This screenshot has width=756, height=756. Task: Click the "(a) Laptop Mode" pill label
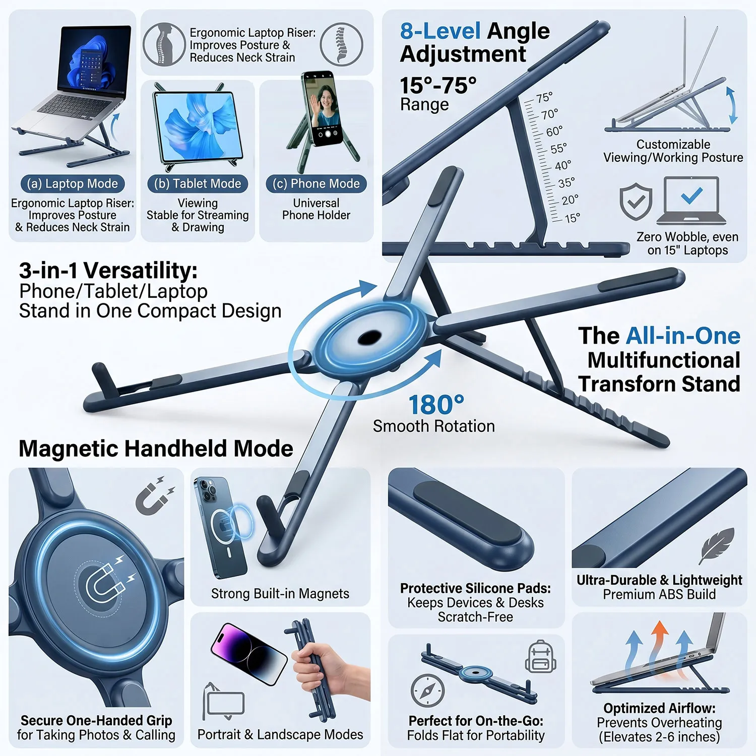pos(73,183)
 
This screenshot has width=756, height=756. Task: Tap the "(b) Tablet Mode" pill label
pos(198,183)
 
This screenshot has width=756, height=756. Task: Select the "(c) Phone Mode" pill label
pos(316,183)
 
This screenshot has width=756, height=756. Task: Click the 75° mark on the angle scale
pos(544,98)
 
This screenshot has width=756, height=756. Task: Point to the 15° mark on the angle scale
pos(572,218)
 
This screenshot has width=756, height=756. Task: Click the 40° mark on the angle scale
pos(562,166)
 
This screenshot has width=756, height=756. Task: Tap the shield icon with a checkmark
pos(636,202)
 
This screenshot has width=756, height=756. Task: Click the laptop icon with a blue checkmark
pos(691,200)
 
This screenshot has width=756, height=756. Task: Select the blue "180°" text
pos(436,405)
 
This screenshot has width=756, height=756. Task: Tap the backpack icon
pos(540,657)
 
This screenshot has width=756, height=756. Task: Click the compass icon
pos(427,690)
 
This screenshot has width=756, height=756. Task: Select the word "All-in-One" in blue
pos(683,336)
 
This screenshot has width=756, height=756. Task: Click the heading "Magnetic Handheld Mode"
pos(156,448)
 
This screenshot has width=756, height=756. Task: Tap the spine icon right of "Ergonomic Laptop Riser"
pos(342,44)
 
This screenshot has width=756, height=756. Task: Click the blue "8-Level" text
pos(440,31)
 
